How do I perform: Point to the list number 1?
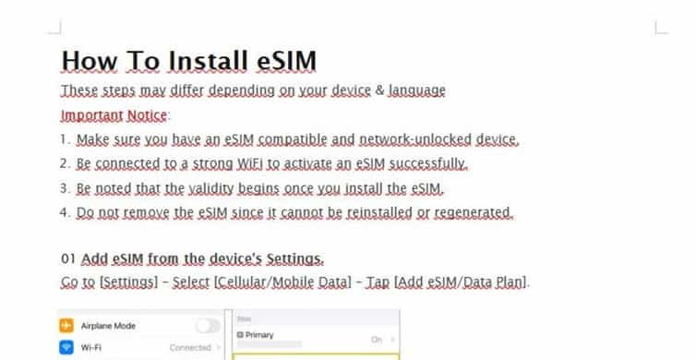point(65,140)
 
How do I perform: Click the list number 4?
point(65,212)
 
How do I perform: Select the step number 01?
point(68,259)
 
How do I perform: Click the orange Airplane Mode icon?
point(66,326)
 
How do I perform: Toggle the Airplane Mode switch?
point(208,326)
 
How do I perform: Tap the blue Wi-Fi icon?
point(66,349)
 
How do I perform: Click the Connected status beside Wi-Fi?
point(190,349)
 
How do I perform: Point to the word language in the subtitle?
point(416,90)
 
